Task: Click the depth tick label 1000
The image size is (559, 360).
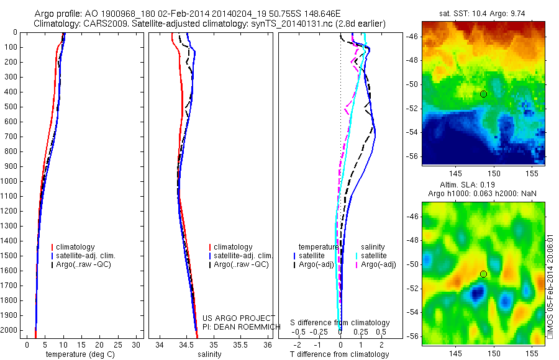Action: coord(9,181)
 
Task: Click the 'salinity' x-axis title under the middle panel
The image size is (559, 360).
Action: coord(209,354)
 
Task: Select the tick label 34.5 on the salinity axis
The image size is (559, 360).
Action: coord(186,344)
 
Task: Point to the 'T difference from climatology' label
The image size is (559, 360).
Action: coord(340,354)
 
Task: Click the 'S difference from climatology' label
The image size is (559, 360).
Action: coord(340,323)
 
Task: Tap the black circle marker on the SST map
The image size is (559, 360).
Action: coord(483,94)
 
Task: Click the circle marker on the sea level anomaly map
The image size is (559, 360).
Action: coord(483,274)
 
